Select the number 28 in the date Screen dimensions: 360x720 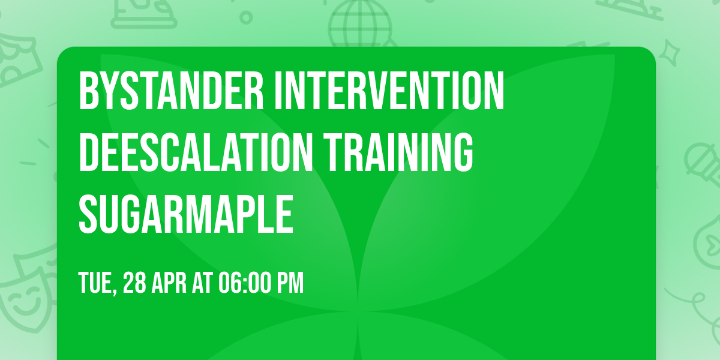135,283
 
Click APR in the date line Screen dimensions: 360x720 169,283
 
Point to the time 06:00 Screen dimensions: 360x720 244,283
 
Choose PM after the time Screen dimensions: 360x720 291,283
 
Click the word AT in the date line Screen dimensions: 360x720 202,283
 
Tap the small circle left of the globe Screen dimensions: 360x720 245,17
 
